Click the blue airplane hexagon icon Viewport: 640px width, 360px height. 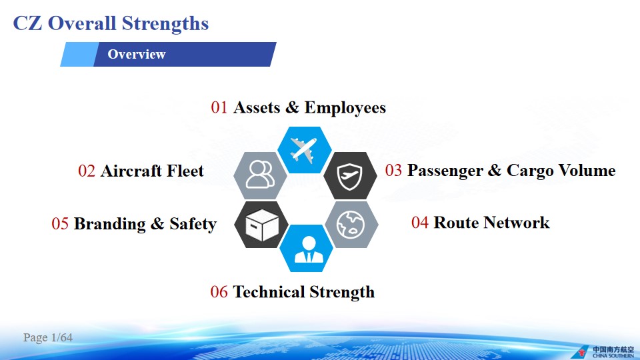point(304,150)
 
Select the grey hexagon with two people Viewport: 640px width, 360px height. point(261,175)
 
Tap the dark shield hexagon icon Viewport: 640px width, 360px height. point(350,176)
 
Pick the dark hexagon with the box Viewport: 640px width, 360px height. point(261,225)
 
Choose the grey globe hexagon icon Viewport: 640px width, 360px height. point(351,225)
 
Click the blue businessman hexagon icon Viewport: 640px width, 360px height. point(306,248)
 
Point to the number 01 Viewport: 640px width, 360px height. point(219,108)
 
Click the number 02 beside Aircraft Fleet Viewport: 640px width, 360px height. point(87,171)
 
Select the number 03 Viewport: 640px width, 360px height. point(393,170)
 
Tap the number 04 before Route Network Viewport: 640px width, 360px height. point(420,223)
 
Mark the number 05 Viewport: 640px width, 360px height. point(60,224)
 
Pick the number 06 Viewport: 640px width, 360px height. point(219,292)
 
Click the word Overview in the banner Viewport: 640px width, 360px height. point(137,54)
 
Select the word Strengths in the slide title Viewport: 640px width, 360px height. point(165,23)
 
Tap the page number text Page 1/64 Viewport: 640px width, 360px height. point(48,337)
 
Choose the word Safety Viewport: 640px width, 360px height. point(193,224)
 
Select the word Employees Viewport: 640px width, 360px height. point(345,108)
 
